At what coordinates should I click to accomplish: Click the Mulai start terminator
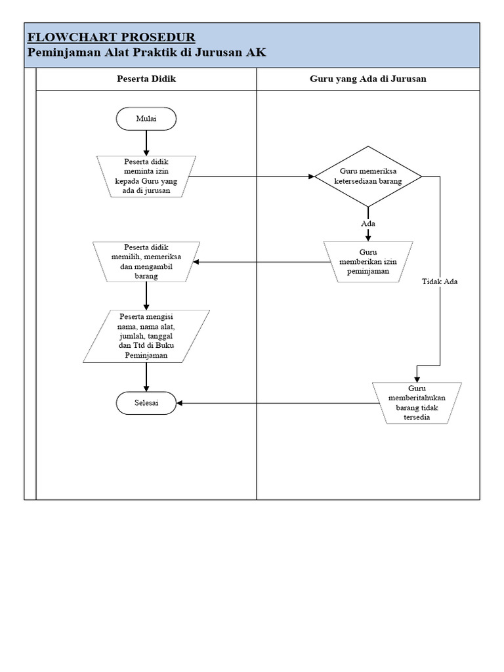click(x=146, y=119)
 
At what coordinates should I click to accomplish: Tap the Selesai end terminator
click(x=146, y=403)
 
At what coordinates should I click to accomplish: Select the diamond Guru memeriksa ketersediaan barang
click(x=368, y=176)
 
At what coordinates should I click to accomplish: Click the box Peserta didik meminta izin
click(x=146, y=176)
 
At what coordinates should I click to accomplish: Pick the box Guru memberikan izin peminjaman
click(x=368, y=261)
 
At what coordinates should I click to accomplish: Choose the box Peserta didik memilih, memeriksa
click(x=146, y=261)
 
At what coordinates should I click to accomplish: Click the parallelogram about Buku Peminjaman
click(x=146, y=336)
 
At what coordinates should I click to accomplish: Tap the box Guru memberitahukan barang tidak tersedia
click(x=418, y=403)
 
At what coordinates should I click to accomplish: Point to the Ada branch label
click(x=368, y=224)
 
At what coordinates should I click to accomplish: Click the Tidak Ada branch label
click(x=440, y=282)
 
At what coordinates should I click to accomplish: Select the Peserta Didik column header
click(x=146, y=79)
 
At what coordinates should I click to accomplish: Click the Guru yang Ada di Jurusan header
click(x=368, y=79)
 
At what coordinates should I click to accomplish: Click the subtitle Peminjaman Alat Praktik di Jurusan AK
click(x=147, y=52)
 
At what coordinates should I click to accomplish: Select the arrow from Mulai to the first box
click(x=146, y=142)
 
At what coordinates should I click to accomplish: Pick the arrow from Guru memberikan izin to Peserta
click(x=262, y=262)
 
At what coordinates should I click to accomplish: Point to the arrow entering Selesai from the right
click(x=276, y=403)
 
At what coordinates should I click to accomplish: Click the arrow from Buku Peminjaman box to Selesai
click(x=146, y=377)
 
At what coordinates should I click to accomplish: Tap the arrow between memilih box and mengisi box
click(x=146, y=296)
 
